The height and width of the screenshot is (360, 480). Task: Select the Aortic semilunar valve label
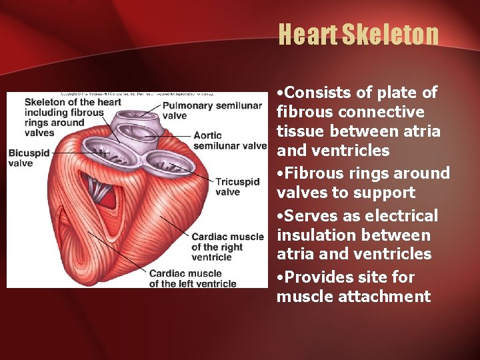click(229, 141)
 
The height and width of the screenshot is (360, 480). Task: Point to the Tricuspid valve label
click(237, 187)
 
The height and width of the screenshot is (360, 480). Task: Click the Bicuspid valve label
click(29, 158)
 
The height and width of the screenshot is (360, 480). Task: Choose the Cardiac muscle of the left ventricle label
click(192, 278)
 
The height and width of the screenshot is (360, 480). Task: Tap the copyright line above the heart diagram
click(137, 95)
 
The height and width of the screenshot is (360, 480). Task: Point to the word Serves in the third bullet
click(311, 216)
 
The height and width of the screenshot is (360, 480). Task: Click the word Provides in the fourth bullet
click(318, 277)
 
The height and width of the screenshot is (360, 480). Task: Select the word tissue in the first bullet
click(298, 131)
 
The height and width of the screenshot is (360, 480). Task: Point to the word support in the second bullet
click(387, 193)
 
